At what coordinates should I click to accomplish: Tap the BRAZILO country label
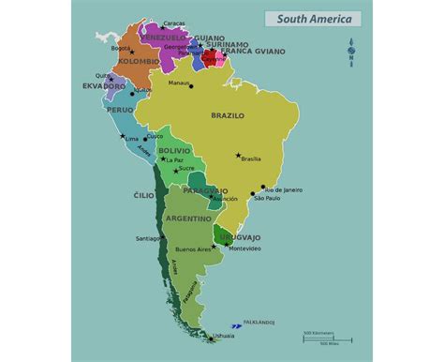click(227, 115)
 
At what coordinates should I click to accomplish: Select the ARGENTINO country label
click(188, 218)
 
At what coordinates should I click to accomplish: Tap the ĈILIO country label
click(143, 195)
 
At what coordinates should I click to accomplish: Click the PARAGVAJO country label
click(206, 190)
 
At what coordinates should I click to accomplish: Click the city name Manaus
click(179, 83)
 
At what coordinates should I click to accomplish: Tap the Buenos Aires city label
click(193, 249)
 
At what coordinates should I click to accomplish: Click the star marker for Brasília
click(239, 156)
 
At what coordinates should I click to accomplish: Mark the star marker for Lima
click(121, 137)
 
